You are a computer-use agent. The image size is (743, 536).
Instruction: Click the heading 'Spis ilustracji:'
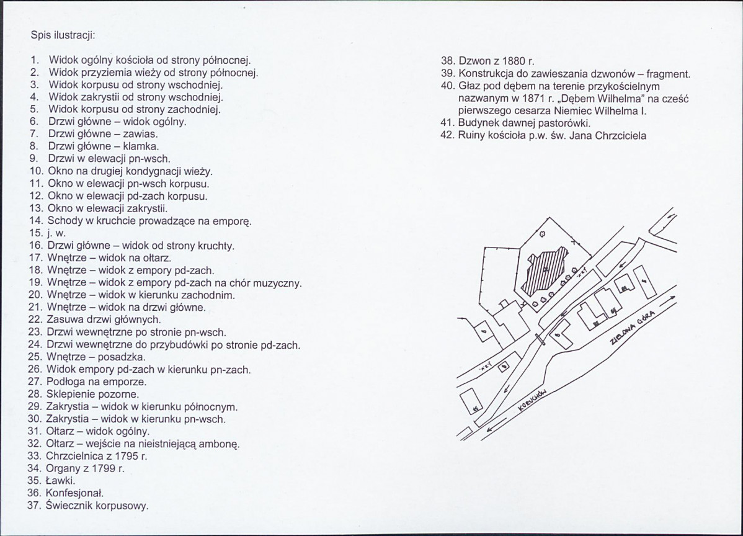coord(63,35)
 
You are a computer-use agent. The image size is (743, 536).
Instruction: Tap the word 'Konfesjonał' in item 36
coord(74,493)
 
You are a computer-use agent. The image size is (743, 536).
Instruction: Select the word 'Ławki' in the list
coord(61,481)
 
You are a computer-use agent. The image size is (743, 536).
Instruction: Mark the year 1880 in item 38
coord(513,61)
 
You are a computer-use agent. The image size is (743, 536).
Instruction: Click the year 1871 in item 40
coord(533,99)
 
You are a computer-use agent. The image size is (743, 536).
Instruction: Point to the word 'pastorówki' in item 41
coord(564,123)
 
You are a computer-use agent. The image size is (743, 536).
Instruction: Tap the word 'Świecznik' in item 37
coord(69,505)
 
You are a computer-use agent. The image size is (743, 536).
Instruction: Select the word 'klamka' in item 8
coord(141,146)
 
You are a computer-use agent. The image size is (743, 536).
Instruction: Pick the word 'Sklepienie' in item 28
coord(69,395)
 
